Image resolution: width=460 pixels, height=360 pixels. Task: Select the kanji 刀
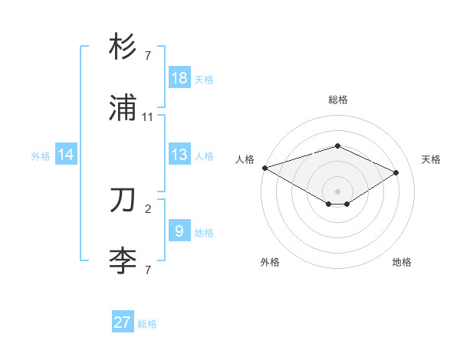[123, 201]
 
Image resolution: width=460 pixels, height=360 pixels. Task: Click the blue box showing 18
[179, 78]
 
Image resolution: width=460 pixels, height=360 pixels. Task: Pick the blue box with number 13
[179, 155]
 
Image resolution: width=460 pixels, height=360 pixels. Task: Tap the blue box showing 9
[179, 231]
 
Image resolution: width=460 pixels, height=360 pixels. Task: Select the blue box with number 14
[66, 155]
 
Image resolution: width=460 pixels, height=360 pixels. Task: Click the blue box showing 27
[123, 322]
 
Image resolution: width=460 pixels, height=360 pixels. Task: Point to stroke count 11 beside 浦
[148, 117]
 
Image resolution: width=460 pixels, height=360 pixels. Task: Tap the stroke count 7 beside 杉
[148, 56]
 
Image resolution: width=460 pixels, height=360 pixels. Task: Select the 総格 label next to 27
[147, 324]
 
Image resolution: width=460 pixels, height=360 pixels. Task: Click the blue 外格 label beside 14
[41, 156]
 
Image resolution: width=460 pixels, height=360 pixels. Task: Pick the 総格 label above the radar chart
[337, 100]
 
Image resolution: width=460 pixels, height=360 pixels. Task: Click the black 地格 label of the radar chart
[402, 262]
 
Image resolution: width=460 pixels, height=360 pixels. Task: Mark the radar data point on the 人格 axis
[264, 167]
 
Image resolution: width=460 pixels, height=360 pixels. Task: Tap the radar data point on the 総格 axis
[337, 146]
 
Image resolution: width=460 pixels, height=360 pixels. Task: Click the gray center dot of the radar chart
[337, 191]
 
